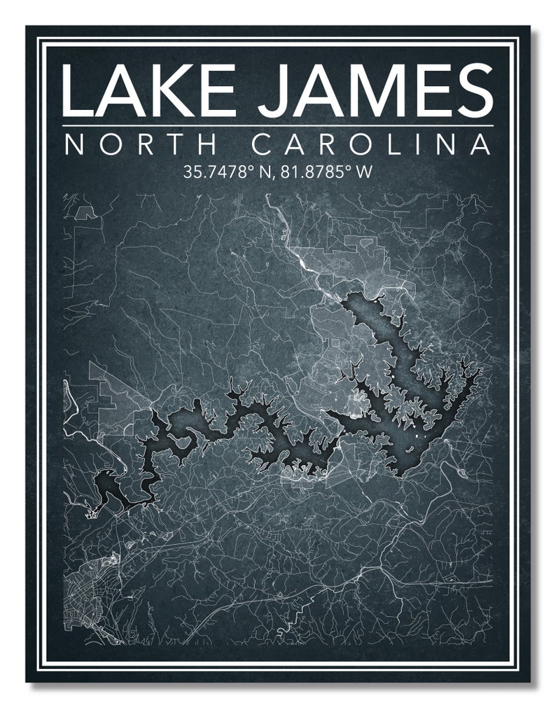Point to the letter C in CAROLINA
click(261, 145)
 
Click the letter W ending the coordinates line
click(362, 172)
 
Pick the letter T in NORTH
click(176, 145)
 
